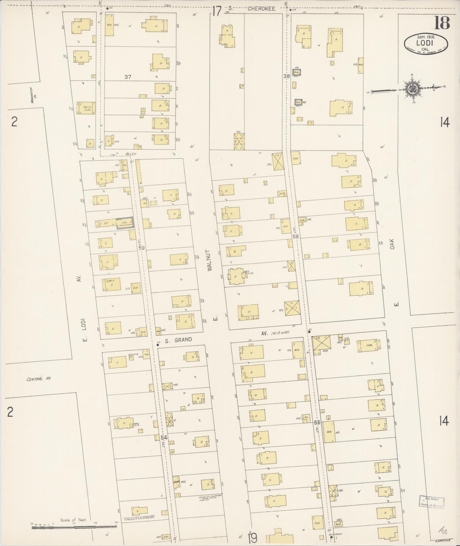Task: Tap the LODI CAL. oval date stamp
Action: point(426,43)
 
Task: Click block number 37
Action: point(128,77)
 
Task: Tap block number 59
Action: point(141,247)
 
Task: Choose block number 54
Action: point(164,438)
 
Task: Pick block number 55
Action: point(317,422)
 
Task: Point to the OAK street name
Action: point(392,244)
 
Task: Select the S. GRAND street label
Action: point(178,340)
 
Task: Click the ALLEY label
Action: point(131,154)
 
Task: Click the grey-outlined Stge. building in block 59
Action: point(125,223)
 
